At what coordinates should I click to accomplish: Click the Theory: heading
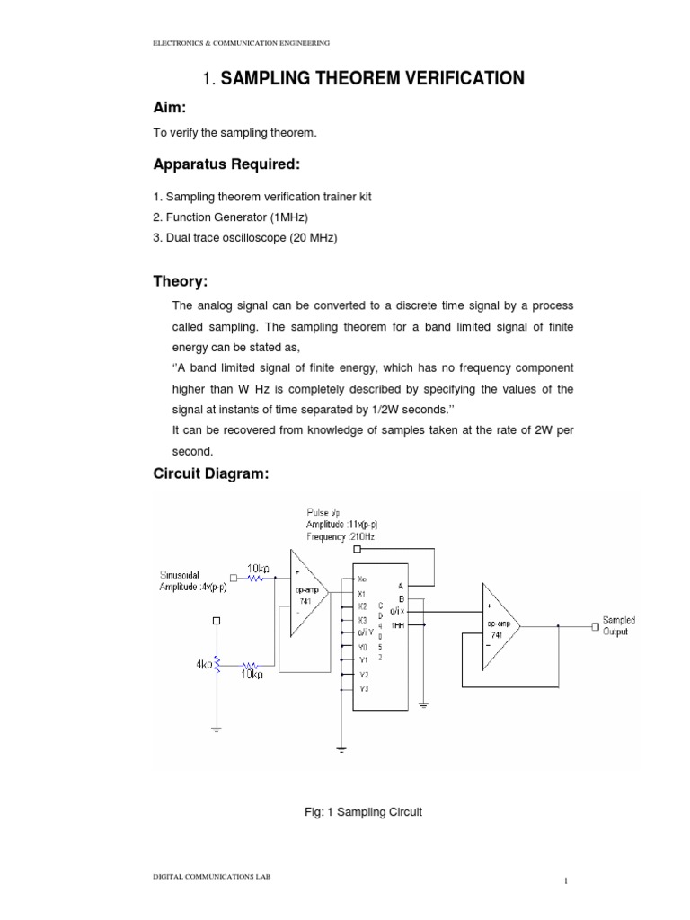tap(181, 281)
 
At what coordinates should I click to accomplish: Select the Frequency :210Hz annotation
tap(340, 536)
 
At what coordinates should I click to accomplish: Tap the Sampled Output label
tap(620, 626)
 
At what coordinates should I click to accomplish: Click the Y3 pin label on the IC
tap(363, 688)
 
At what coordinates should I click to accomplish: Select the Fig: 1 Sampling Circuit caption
tap(363, 812)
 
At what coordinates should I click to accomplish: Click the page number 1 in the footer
tap(566, 881)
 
